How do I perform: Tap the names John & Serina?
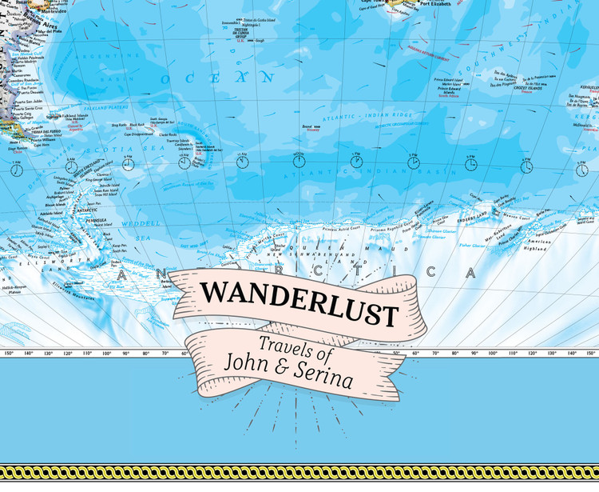click(300, 371)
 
